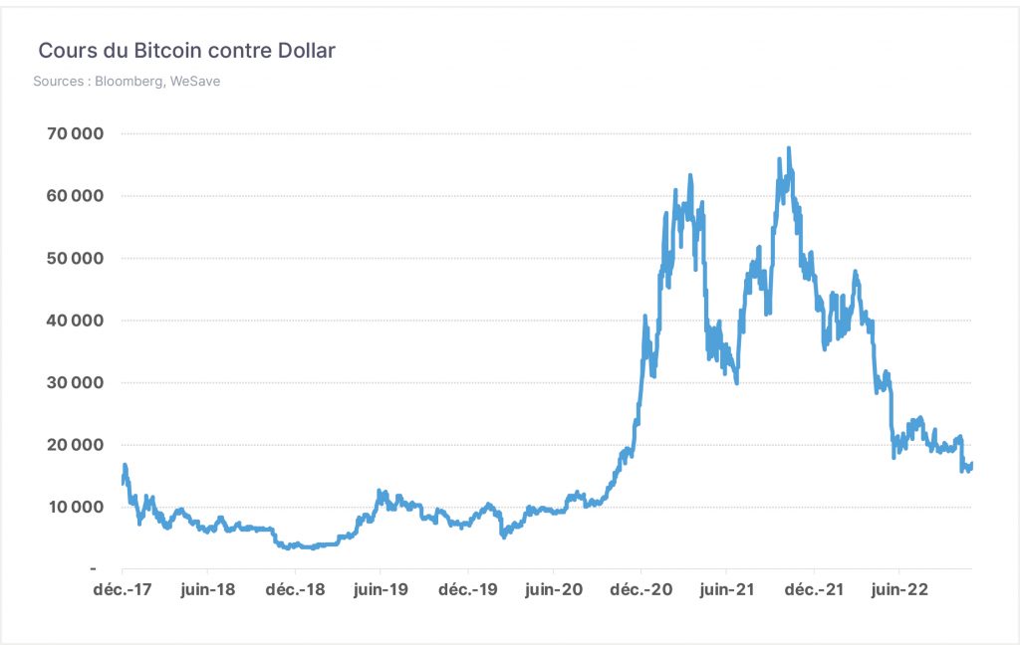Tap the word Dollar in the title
[x=307, y=51]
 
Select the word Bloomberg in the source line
[x=129, y=82]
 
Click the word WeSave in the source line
[x=195, y=82]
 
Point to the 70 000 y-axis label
[x=75, y=134]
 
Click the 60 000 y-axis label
[x=75, y=196]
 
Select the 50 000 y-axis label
[x=75, y=259]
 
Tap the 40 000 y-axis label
[x=75, y=321]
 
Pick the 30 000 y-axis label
[x=75, y=383]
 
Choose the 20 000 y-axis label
[x=75, y=445]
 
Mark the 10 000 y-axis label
[x=76, y=508]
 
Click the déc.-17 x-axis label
[x=123, y=589]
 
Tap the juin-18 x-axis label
[x=207, y=590]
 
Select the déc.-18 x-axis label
[x=295, y=589]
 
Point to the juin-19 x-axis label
[x=381, y=590]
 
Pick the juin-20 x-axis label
[x=554, y=590]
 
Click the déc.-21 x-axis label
[x=814, y=589]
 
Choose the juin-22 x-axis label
[x=899, y=590]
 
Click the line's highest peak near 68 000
[x=789, y=149]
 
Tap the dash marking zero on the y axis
[x=94, y=569]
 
